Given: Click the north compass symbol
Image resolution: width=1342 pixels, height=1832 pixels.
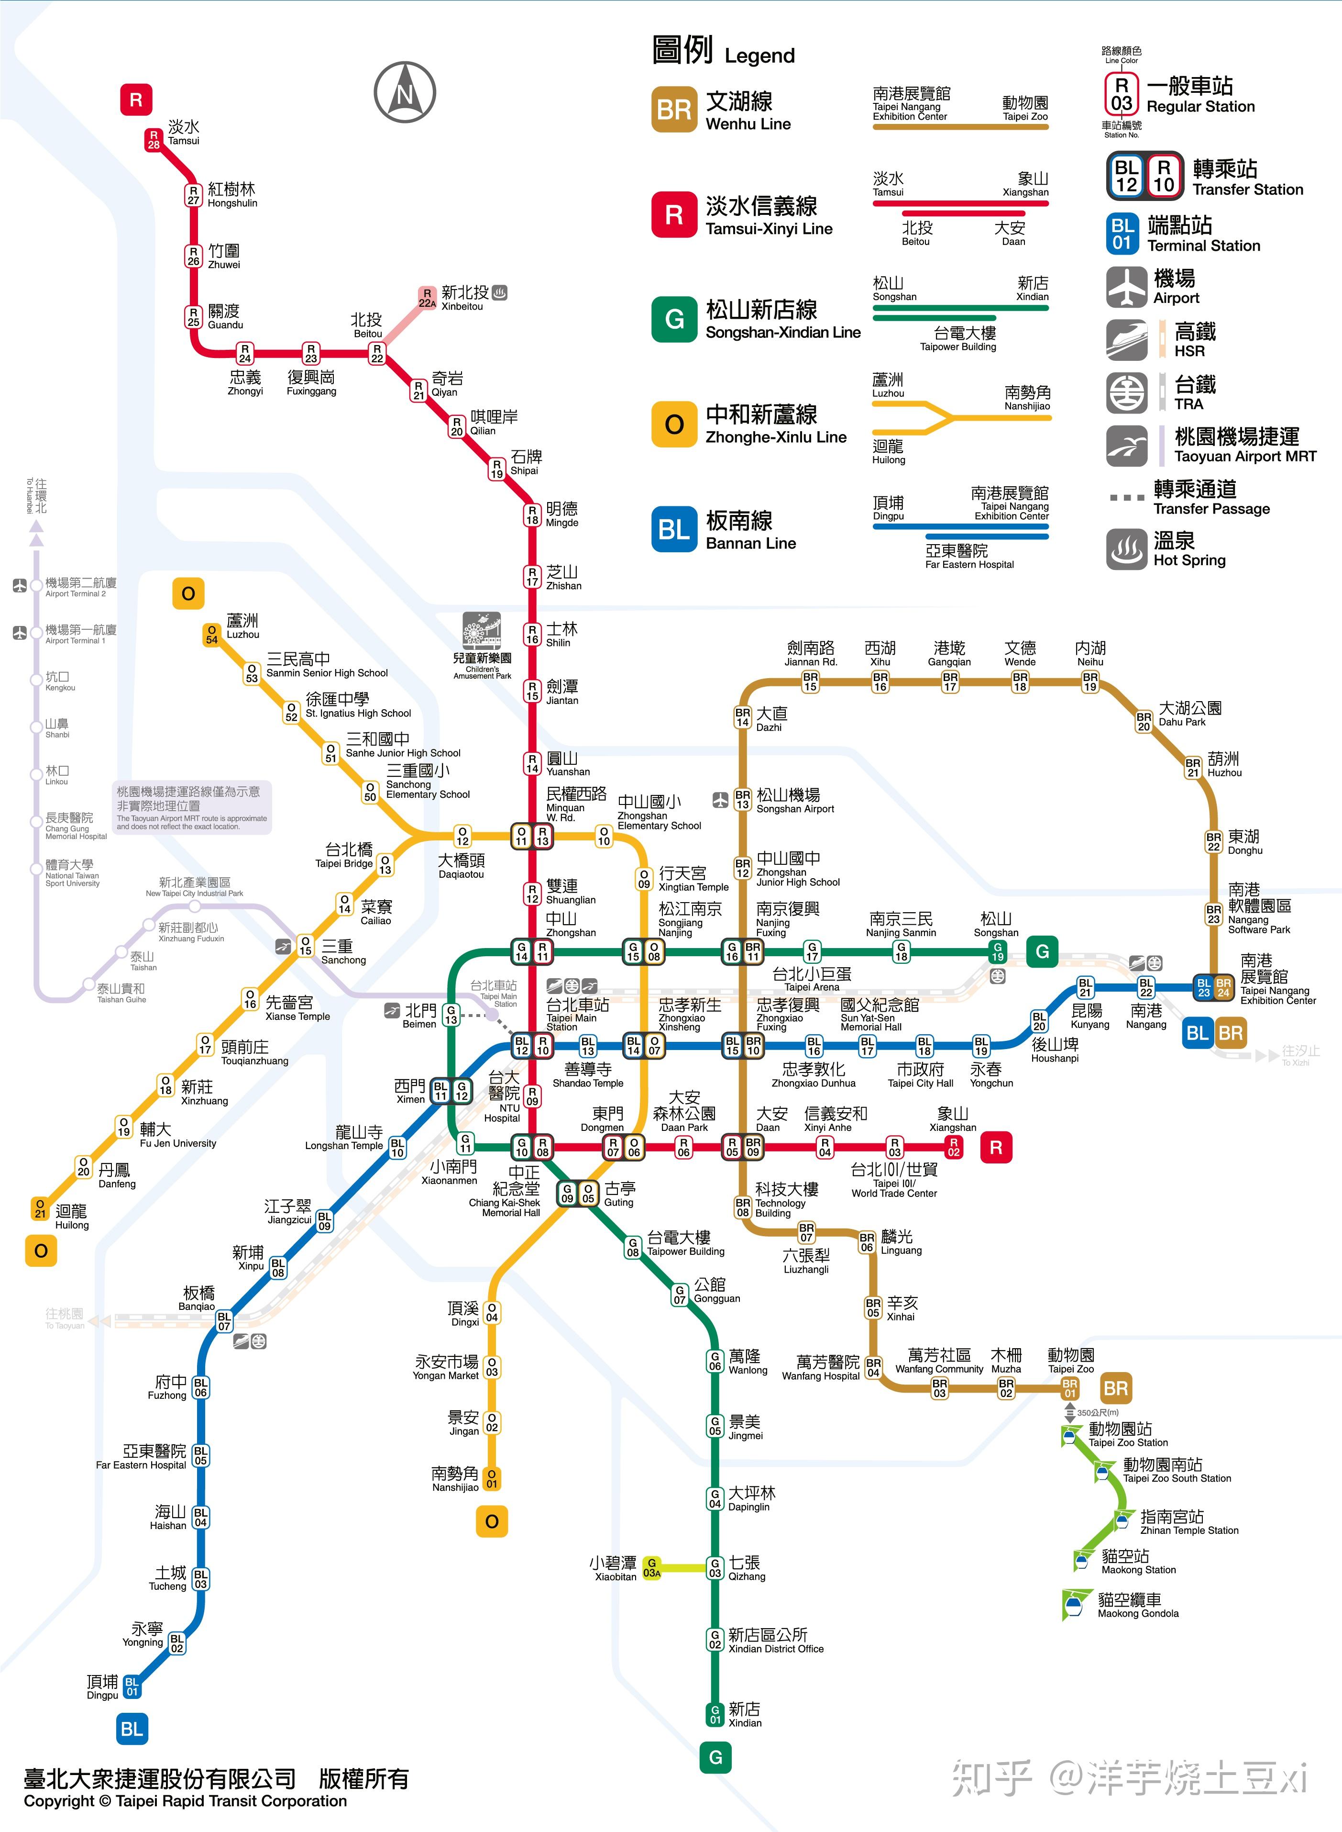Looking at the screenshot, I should tap(405, 93).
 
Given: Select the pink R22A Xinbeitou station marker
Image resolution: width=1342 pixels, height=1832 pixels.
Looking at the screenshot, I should tap(427, 298).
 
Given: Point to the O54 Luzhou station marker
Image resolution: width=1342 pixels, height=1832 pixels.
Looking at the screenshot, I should tap(212, 635).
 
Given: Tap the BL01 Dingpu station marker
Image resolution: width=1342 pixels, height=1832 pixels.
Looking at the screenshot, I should tap(132, 1687).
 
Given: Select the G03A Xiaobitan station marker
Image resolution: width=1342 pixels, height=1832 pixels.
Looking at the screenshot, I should tap(651, 1567).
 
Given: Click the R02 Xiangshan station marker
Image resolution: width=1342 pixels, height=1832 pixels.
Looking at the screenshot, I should tap(954, 1147).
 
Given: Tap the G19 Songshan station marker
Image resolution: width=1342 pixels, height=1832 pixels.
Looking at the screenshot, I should tap(998, 951).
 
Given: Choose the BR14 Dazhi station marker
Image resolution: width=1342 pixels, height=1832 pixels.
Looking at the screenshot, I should tap(742, 717).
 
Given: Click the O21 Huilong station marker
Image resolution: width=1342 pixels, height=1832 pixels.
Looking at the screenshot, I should tap(40, 1208).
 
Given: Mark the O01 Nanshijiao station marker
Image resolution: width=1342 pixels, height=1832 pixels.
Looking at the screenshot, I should tap(492, 1478).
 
